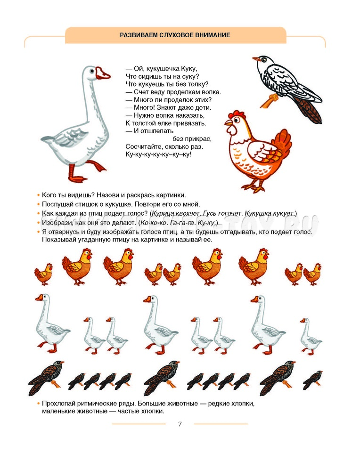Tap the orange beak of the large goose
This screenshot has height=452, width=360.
coord(103,74)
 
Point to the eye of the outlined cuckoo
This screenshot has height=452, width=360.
coord(264,60)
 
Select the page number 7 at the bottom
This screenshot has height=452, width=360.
coord(180,424)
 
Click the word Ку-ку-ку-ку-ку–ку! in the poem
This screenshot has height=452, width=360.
coord(158,154)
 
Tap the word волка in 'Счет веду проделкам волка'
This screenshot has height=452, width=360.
coord(212,92)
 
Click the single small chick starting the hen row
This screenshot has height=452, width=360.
coord(43,274)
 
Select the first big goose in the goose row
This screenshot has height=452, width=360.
coord(52,323)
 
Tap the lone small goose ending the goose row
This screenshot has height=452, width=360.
coord(310,336)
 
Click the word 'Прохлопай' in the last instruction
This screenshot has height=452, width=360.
coord(56,404)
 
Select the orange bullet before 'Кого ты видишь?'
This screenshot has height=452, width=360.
coord(38,195)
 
